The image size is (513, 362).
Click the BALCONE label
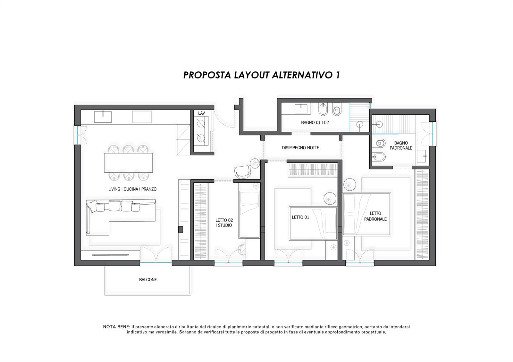[148, 280]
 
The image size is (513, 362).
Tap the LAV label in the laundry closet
[202, 113]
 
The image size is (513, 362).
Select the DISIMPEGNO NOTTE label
[300, 148]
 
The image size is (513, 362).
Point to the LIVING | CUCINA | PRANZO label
[132, 189]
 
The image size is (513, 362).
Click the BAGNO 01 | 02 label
[315, 122]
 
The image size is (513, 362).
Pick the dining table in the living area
[128, 163]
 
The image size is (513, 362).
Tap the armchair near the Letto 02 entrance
[242, 172]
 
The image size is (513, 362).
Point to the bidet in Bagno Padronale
[379, 157]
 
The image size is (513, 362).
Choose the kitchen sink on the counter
[103, 117]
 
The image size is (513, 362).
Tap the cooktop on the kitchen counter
[142, 117]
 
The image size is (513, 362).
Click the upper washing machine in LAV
[201, 124]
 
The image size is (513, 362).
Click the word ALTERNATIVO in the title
[303, 75]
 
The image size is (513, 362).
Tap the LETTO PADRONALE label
[375, 216]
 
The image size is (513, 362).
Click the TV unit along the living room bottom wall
[110, 255]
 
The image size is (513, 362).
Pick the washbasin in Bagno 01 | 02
[301, 109]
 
